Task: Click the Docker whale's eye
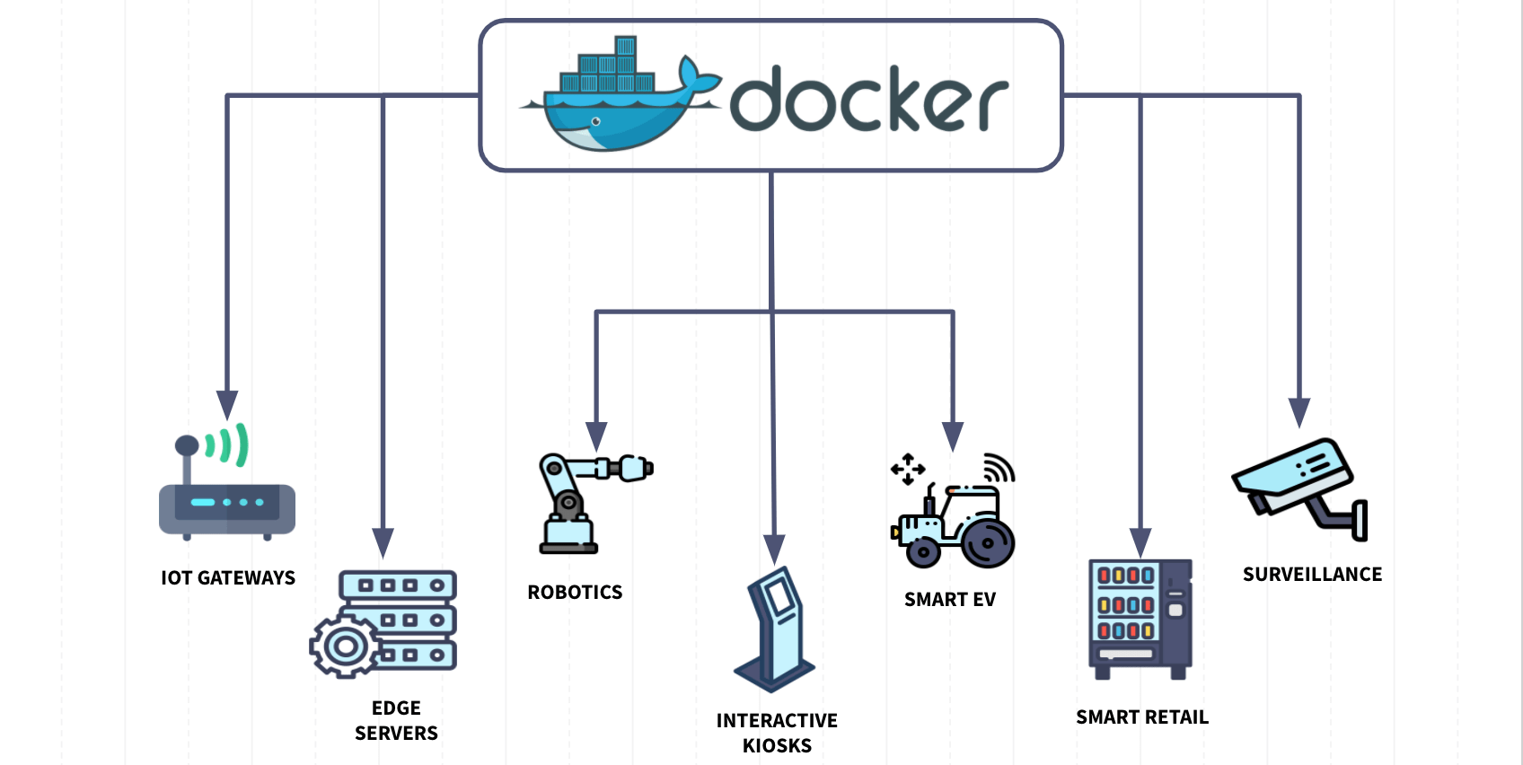click(596, 122)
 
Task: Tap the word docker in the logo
click(869, 100)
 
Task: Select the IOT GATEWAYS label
click(228, 578)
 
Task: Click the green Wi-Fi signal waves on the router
click(227, 445)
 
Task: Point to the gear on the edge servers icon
click(345, 646)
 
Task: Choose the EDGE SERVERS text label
click(396, 721)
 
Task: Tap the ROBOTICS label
click(576, 593)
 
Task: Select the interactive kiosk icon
click(774, 629)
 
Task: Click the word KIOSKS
click(777, 746)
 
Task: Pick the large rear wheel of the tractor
click(987, 543)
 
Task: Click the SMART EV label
click(950, 600)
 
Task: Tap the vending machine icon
click(1140, 619)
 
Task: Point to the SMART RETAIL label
click(1142, 717)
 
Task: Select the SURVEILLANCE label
click(1312, 575)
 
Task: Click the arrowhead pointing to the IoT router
click(227, 405)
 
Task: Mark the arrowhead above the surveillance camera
click(1299, 413)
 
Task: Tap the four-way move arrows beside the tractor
click(908, 470)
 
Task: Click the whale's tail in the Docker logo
click(699, 78)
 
